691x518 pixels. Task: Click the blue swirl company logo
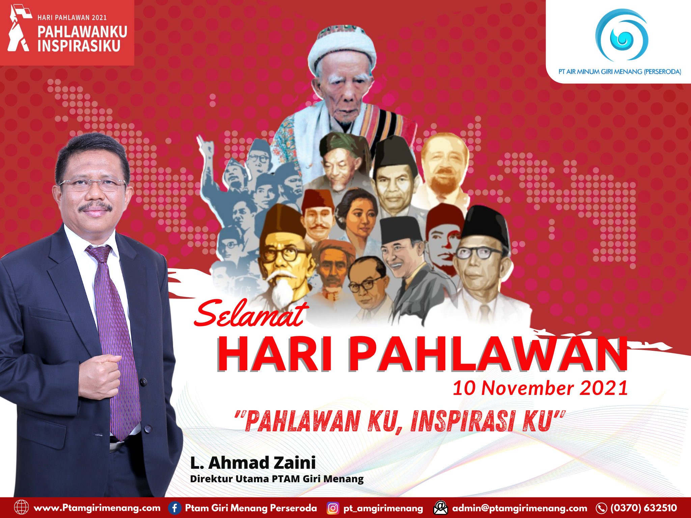pyautogui.click(x=621, y=35)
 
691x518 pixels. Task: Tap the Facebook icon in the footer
pyautogui.click(x=174, y=508)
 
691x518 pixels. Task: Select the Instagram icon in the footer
pyautogui.click(x=333, y=508)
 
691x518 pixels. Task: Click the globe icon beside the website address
pyautogui.click(x=21, y=508)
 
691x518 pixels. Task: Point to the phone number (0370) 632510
pyautogui.click(x=643, y=508)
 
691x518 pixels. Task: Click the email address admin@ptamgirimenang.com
pyautogui.click(x=520, y=508)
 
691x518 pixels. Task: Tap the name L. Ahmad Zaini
pyautogui.click(x=253, y=463)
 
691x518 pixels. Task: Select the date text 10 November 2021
pyautogui.click(x=540, y=388)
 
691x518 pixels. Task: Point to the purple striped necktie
pyautogui.click(x=115, y=337)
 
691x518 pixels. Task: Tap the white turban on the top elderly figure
pyautogui.click(x=342, y=47)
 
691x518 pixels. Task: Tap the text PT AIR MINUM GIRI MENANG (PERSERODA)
pyautogui.click(x=620, y=71)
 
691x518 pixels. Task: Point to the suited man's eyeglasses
pyautogui.click(x=93, y=184)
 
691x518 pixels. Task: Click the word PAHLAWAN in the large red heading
pyautogui.click(x=488, y=354)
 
